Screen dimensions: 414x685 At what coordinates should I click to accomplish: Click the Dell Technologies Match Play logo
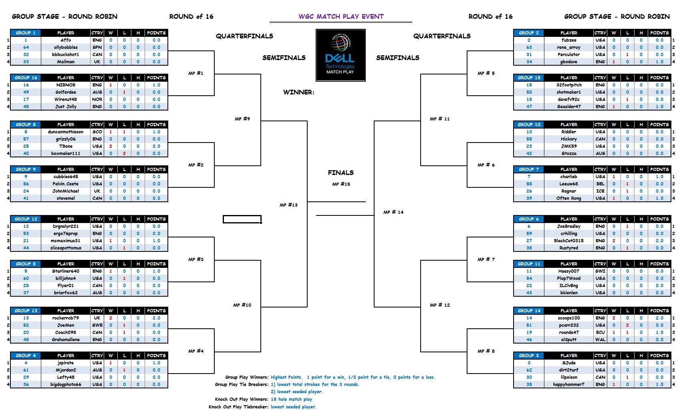[340, 55]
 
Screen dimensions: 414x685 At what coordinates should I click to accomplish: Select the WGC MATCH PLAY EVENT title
[341, 16]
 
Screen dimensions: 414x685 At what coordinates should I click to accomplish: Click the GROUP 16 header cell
[26, 78]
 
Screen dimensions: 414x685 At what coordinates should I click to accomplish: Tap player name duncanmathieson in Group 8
[66, 132]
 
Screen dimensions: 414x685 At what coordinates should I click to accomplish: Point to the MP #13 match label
[288, 205]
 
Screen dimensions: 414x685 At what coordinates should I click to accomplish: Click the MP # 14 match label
[393, 212]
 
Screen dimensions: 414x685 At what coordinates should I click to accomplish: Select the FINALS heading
[340, 173]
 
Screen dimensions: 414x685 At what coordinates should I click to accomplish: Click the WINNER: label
[298, 92]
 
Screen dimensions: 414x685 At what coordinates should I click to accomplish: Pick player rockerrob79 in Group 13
[66, 318]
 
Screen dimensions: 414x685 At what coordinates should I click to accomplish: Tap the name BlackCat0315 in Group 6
[568, 241]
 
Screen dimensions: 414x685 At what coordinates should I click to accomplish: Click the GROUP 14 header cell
[529, 311]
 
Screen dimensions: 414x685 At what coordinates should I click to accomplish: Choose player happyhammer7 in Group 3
[568, 384]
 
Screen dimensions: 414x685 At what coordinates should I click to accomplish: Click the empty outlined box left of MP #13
[242, 219]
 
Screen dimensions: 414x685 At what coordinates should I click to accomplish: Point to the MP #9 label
[242, 119]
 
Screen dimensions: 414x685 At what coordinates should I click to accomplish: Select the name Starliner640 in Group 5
[66, 271]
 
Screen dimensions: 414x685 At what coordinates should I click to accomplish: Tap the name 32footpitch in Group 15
[568, 85]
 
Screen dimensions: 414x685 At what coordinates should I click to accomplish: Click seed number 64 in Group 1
[26, 47]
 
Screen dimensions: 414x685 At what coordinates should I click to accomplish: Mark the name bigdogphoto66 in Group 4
[66, 384]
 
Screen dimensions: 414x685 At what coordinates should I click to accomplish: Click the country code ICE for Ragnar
[600, 191]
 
